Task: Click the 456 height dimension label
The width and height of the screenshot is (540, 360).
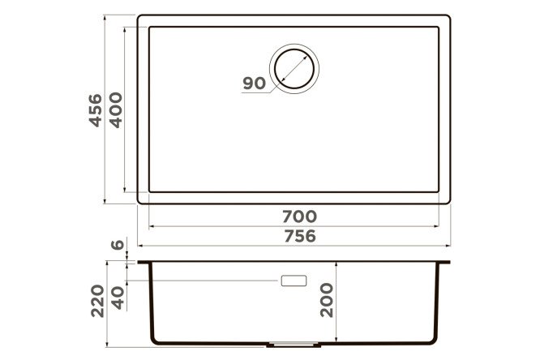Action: (x=96, y=110)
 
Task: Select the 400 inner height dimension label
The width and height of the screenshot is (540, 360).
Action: (x=116, y=110)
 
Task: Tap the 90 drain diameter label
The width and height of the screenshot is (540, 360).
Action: (x=255, y=84)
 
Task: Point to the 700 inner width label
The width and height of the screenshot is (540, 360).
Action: (x=300, y=216)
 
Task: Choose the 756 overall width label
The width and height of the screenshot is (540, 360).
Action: (x=300, y=236)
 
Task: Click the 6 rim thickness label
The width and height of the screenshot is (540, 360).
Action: (x=118, y=245)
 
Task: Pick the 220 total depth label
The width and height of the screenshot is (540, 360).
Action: (x=97, y=301)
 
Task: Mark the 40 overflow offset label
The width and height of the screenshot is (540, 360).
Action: (x=118, y=298)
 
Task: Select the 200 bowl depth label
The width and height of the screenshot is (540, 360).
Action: (x=327, y=300)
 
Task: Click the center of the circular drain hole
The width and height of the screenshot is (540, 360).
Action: (x=294, y=69)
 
